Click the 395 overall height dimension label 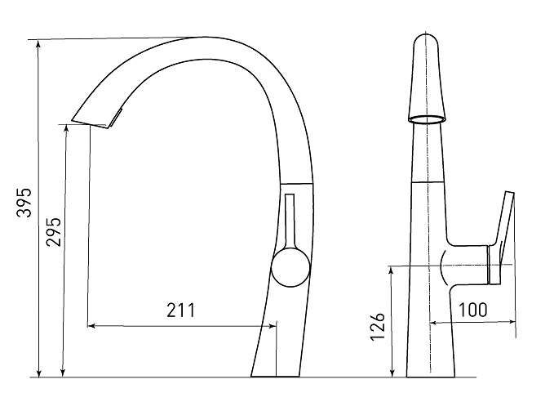pos(24,203)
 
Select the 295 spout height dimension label pos(54,232)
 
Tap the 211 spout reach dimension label pos(181,310)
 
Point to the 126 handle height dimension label pos(377,326)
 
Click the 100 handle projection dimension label pos(472,310)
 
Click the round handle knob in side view pos(290,267)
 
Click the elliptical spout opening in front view pos(428,119)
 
